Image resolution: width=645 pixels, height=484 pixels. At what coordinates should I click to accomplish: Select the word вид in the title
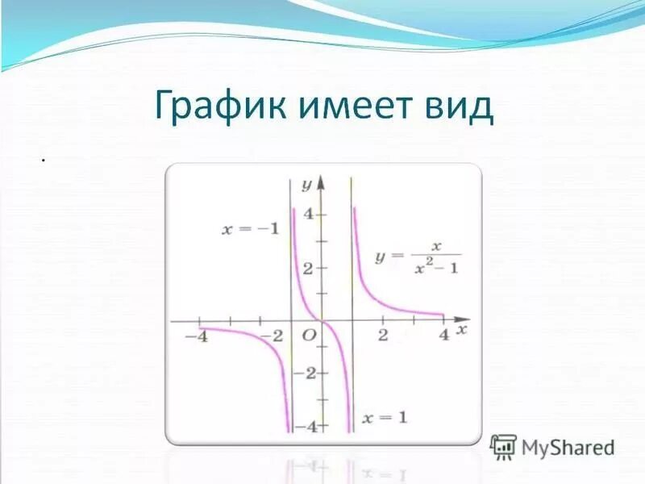point(464,108)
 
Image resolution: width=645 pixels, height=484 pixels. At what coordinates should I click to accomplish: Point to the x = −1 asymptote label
point(251,228)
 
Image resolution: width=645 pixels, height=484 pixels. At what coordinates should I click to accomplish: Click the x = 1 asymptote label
point(385,417)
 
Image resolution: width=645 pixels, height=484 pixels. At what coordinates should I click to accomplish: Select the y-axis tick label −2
point(305,373)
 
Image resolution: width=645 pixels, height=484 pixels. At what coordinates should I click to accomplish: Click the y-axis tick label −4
point(305,426)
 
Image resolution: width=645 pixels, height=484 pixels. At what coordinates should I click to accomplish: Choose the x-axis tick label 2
point(383,335)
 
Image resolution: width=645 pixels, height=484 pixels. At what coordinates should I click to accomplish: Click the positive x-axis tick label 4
point(443,335)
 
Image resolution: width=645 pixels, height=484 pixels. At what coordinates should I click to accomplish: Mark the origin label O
point(307,335)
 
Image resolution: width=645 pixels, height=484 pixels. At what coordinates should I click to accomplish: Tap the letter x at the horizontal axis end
point(462,331)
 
